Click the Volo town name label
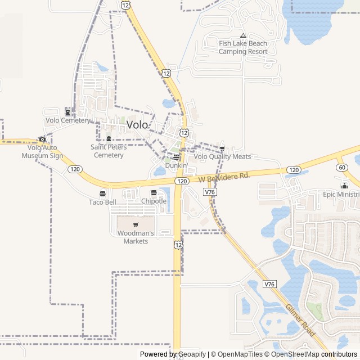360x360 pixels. pyautogui.click(x=137, y=125)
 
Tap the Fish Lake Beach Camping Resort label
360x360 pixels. pyautogui.click(x=243, y=47)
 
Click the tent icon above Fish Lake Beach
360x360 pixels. pyautogui.click(x=243, y=35)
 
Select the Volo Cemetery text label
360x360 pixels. pyautogui.click(x=67, y=120)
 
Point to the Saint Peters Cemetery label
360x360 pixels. pyautogui.click(x=109, y=151)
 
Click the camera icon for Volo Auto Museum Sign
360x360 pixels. pyautogui.click(x=42, y=139)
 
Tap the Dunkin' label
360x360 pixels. pyautogui.click(x=176, y=165)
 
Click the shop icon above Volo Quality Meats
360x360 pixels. pyautogui.click(x=222, y=149)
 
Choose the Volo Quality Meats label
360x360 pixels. pyautogui.click(x=222, y=156)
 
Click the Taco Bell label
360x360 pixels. pyautogui.click(x=102, y=202)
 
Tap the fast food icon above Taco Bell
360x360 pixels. pyautogui.click(x=102, y=194)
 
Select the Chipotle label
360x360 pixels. pyautogui.click(x=154, y=201)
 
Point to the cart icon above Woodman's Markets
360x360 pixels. pyautogui.click(x=136, y=225)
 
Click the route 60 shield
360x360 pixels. pyautogui.click(x=342, y=168)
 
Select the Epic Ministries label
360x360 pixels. pyautogui.click(x=341, y=194)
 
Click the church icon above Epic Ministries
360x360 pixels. pyautogui.click(x=344, y=186)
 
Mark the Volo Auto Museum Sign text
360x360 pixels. pyautogui.click(x=42, y=151)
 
